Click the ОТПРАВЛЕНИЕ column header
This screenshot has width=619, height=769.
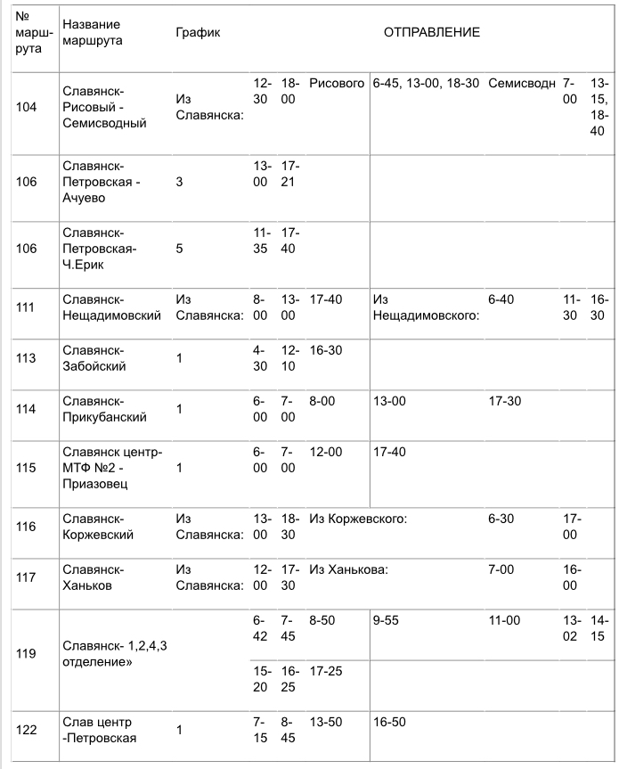(432, 33)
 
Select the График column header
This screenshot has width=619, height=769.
(198, 33)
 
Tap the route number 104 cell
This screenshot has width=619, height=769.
(28, 107)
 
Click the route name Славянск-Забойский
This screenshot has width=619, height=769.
(94, 358)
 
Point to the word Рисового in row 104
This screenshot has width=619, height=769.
(337, 84)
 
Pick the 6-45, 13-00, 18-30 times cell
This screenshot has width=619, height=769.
(427, 84)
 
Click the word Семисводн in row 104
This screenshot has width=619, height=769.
(522, 84)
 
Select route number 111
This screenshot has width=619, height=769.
(28, 307)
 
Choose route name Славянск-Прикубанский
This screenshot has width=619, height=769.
(105, 409)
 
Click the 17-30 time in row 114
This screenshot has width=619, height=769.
(505, 402)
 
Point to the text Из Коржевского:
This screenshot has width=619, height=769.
(358, 519)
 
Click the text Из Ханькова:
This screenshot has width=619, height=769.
(348, 569)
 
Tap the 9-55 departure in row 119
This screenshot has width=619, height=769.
(387, 619)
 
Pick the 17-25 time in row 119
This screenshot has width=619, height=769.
(326, 670)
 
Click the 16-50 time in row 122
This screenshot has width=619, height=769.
(390, 721)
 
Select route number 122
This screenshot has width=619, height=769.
(28, 729)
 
